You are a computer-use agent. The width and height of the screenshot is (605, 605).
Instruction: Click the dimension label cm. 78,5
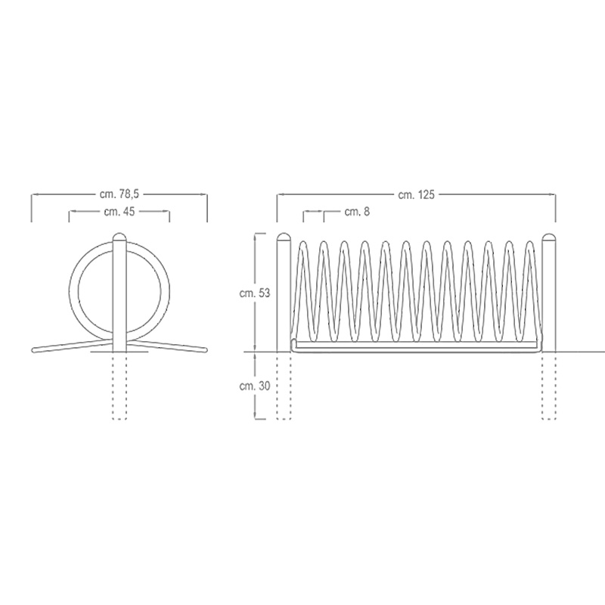pyautogui.click(x=119, y=194)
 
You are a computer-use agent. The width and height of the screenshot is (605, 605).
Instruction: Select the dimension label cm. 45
pyautogui.click(x=119, y=212)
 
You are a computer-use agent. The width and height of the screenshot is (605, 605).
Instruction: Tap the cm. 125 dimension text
pyautogui.click(x=416, y=194)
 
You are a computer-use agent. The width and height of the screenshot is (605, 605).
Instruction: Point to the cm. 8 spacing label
pyautogui.click(x=357, y=212)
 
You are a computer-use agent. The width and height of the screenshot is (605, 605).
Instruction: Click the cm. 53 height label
pyautogui.click(x=255, y=293)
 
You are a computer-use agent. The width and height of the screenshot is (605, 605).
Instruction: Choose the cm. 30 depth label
pyautogui.click(x=255, y=386)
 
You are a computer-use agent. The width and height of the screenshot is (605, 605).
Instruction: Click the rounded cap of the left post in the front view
pyautogui.click(x=284, y=237)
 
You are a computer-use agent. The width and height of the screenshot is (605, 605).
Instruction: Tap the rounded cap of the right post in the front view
pyautogui.click(x=549, y=237)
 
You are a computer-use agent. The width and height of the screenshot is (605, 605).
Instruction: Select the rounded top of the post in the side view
pyautogui.click(x=119, y=237)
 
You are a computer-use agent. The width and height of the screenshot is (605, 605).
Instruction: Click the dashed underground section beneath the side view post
pyautogui.click(x=119, y=386)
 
